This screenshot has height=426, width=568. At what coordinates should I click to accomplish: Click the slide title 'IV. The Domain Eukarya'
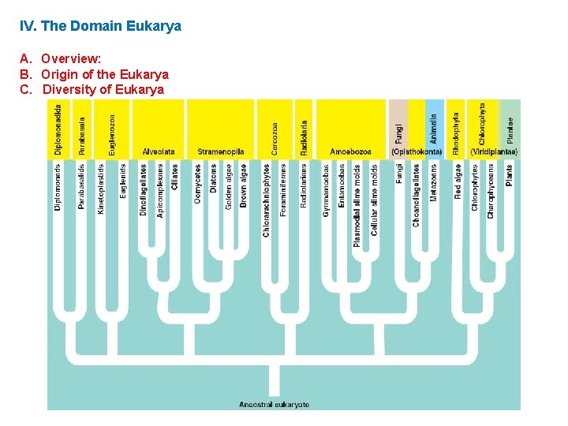[x=100, y=26]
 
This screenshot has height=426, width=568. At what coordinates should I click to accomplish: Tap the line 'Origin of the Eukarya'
[x=105, y=74]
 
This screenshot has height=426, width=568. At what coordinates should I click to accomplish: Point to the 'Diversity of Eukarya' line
[x=103, y=89]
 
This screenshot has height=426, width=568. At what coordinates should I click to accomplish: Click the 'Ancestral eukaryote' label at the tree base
[x=275, y=405]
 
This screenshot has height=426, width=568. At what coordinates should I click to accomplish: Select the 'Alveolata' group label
[x=158, y=151]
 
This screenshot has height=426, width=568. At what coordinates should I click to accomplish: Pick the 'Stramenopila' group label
[x=220, y=151]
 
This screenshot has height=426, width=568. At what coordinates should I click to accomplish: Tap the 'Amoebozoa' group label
[x=350, y=151]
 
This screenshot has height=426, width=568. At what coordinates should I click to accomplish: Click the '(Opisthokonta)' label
[x=416, y=151]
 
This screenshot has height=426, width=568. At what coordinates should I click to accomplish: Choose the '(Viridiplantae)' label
[x=494, y=151]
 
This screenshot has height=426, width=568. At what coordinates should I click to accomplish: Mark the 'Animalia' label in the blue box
[x=434, y=128]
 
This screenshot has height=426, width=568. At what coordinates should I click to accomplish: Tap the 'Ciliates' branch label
[x=174, y=177]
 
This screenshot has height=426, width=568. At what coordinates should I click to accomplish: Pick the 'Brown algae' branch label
[x=244, y=186]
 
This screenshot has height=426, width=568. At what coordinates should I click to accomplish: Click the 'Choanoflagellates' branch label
[x=416, y=195]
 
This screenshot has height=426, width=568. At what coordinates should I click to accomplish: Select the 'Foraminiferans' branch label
[x=284, y=190]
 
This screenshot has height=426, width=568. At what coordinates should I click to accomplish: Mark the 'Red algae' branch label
[x=458, y=181]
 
